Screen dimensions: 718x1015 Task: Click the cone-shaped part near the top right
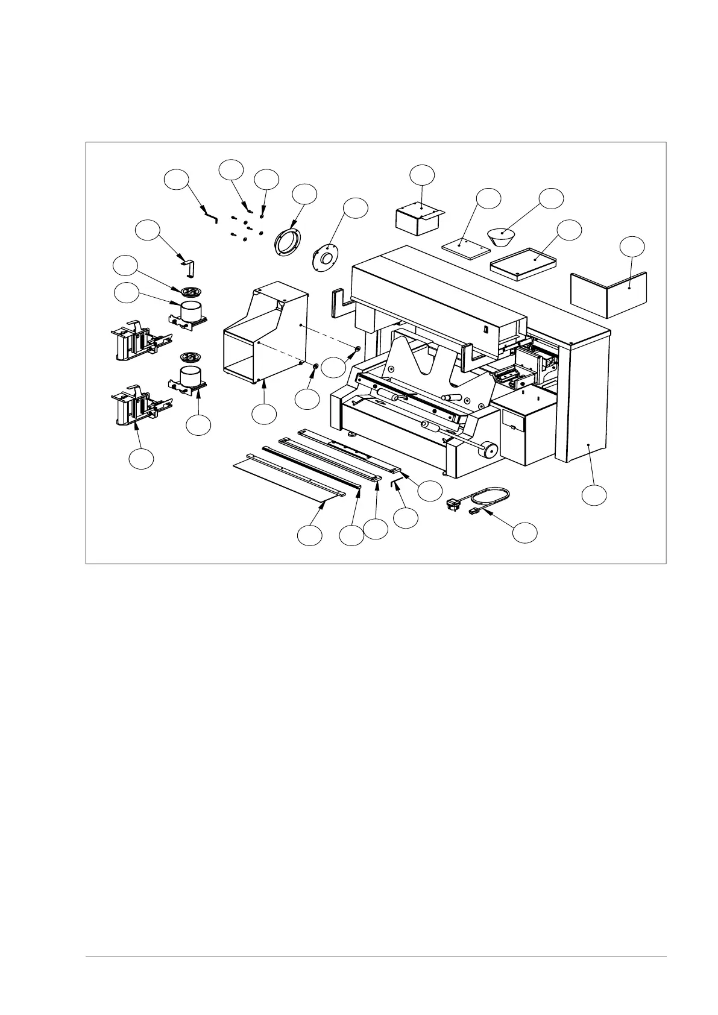click(x=505, y=236)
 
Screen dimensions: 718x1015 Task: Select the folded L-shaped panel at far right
click(x=609, y=295)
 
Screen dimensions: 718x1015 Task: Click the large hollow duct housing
click(x=265, y=338)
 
